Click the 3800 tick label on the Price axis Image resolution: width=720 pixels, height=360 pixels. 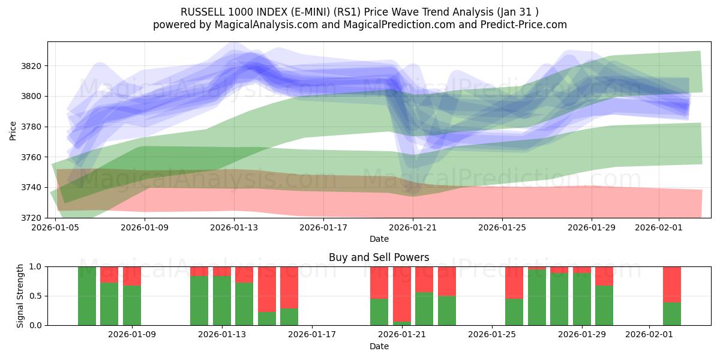click(x=31, y=96)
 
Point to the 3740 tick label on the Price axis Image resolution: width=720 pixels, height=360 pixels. click(x=31, y=187)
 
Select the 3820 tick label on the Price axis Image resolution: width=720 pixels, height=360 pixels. click(x=31, y=66)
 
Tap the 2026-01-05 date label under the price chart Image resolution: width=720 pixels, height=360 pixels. click(x=56, y=227)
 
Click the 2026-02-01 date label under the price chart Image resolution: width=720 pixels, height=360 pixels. click(x=659, y=227)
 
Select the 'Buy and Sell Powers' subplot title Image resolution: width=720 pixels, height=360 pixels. click(x=379, y=257)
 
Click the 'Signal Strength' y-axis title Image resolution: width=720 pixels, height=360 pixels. click(x=20, y=296)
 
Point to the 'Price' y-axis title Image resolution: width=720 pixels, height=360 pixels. click(x=13, y=130)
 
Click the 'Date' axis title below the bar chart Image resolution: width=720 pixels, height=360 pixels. click(x=379, y=346)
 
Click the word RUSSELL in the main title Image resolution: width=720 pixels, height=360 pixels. click(x=202, y=12)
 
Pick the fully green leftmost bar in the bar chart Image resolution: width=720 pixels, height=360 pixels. click(x=87, y=296)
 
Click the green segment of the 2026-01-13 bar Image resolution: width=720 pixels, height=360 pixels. click(x=222, y=300)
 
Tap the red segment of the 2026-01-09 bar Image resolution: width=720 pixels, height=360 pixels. click(x=132, y=275)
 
